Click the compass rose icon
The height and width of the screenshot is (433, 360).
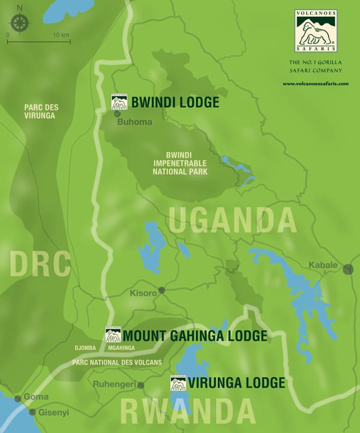coord(20,23)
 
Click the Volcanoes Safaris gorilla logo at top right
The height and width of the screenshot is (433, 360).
coord(316,31)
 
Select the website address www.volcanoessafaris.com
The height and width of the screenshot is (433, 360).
coord(316,83)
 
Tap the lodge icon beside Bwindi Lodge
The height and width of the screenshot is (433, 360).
coord(119,102)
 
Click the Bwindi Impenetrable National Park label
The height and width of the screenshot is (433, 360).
coord(179,163)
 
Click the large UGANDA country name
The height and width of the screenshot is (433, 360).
coord(232,220)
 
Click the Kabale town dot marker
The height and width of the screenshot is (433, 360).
coord(348,270)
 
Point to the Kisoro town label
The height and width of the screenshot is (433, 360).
coord(143,293)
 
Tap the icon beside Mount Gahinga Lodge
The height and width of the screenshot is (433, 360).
coord(113,335)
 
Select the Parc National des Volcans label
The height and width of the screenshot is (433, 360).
coord(116,362)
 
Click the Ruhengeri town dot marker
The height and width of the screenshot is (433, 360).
coord(140,385)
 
